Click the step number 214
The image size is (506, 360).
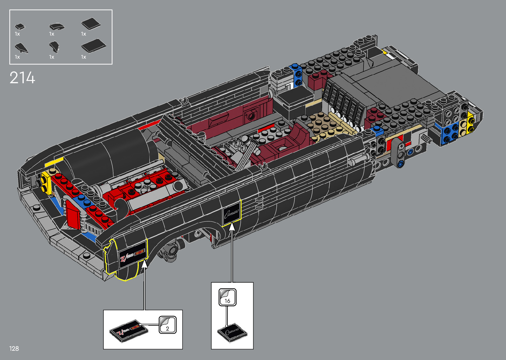point(22,78)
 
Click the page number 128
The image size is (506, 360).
point(14,348)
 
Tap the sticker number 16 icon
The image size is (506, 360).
point(227,297)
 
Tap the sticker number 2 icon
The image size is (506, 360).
point(167,325)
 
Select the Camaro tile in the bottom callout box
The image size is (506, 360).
point(232,333)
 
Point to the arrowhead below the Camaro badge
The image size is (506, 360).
point(232,226)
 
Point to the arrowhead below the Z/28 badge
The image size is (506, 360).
point(144,264)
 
